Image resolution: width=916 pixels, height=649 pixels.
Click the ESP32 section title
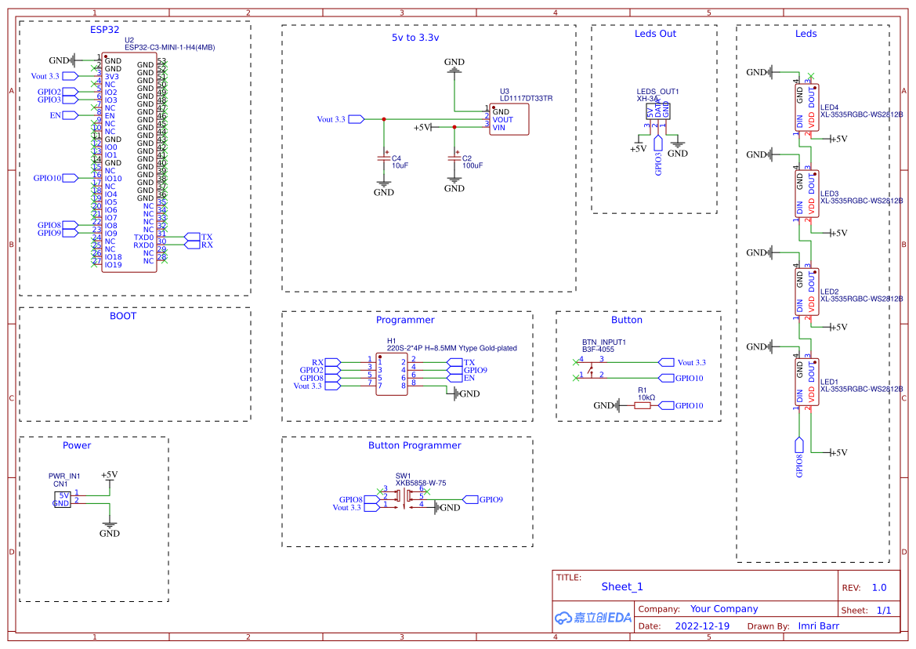coord(104,30)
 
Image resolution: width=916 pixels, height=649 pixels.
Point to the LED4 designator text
coord(829,107)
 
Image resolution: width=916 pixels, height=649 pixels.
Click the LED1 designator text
coord(829,381)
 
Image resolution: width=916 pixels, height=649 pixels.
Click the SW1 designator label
coord(403,476)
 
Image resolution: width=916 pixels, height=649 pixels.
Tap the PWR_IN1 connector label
coord(64,476)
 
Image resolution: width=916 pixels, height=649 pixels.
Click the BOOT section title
coord(123,316)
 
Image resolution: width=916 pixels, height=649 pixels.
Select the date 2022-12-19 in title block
coord(701,626)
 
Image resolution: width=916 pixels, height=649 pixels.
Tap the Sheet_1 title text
coord(622,586)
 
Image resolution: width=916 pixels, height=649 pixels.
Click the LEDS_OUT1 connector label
coord(657,92)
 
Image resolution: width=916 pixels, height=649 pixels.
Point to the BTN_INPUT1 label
coord(603,343)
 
